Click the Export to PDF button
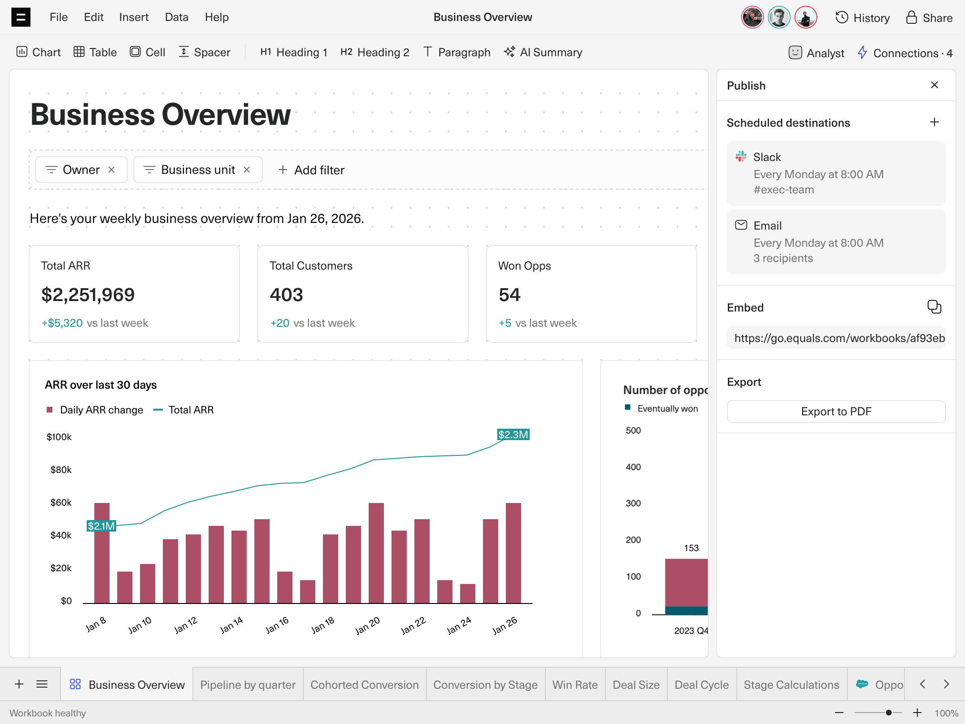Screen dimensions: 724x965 (x=836, y=412)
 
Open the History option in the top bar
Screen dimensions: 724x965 (x=863, y=18)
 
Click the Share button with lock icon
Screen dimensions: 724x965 (x=929, y=18)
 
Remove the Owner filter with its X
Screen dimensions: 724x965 (x=111, y=170)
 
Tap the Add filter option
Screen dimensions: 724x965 (x=312, y=170)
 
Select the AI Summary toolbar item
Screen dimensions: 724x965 (x=543, y=52)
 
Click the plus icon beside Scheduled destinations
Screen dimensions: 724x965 (x=935, y=122)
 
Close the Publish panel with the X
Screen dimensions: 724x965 (x=935, y=85)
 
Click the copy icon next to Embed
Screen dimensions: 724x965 (x=934, y=307)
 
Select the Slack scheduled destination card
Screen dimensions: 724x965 (x=836, y=173)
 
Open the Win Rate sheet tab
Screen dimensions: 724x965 (x=575, y=685)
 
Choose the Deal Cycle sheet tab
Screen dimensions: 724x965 (x=702, y=685)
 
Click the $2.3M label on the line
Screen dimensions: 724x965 (x=513, y=434)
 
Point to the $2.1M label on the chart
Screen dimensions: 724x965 (x=101, y=526)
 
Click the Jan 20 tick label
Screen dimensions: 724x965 (x=368, y=625)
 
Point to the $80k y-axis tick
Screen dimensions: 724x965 (x=61, y=470)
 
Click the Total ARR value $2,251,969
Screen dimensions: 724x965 (x=88, y=295)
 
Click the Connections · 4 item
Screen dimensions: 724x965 (x=905, y=53)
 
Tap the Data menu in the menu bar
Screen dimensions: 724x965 (x=177, y=17)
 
